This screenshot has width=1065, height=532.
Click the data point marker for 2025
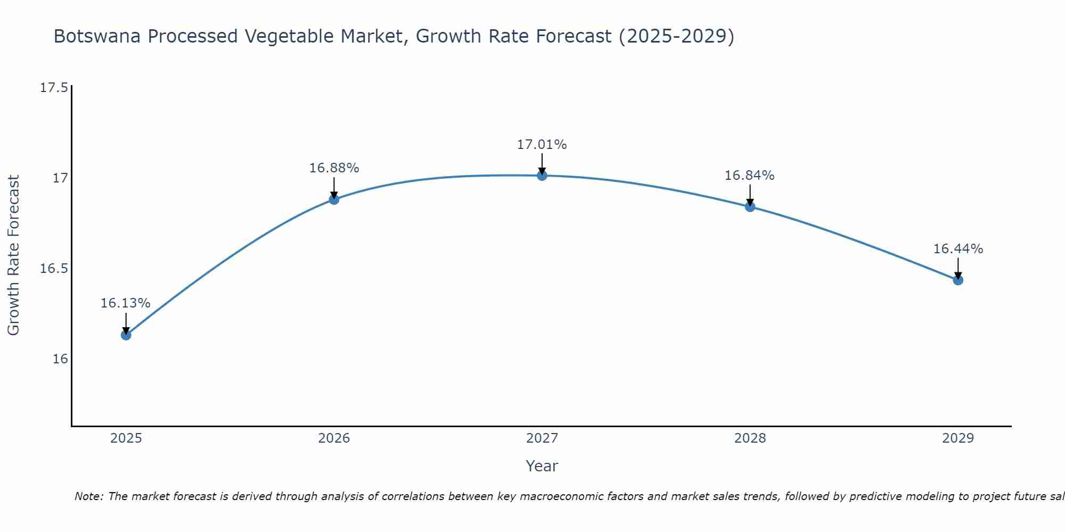coord(126,335)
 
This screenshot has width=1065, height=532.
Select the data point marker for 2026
coord(334,199)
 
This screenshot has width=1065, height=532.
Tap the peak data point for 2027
coord(542,176)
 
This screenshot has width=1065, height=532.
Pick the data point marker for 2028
coord(750,206)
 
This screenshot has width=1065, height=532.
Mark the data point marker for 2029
coord(958,280)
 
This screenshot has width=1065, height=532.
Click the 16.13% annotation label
coord(126,303)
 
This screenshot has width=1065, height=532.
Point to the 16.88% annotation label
coord(334,168)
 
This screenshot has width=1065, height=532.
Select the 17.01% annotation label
coord(542,145)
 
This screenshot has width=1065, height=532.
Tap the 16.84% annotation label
coord(750,176)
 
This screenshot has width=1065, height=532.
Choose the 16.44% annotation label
coord(958,249)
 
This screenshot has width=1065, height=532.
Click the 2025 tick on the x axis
coord(126,438)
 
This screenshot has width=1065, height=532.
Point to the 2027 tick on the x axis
coord(542,438)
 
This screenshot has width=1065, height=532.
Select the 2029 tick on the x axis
coord(958,438)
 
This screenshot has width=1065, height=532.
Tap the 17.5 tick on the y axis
coord(54,88)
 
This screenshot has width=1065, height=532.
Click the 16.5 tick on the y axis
coord(54,269)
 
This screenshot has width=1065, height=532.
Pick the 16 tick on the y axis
coord(60,359)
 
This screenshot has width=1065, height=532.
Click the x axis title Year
coord(542,466)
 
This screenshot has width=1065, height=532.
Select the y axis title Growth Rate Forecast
coord(13,255)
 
